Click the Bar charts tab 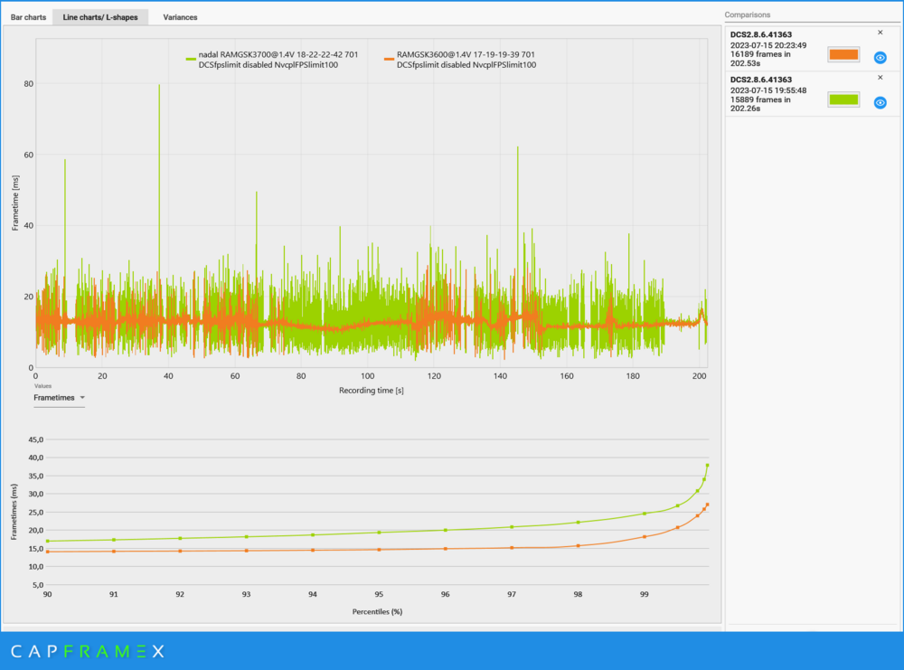click(x=28, y=17)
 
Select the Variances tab click(x=180, y=17)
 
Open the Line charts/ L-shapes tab click(x=99, y=17)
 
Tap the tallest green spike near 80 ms click(x=159, y=87)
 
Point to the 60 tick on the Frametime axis click(x=27, y=155)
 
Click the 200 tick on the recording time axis click(x=699, y=376)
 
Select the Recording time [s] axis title click(x=371, y=390)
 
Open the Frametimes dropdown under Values click(x=59, y=397)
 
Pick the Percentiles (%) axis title click(x=377, y=611)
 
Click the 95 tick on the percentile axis click(x=379, y=594)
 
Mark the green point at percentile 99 click(x=645, y=514)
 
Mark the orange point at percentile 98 click(x=578, y=545)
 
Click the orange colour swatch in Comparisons click(x=843, y=54)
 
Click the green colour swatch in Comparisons click(x=843, y=99)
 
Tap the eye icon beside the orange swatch click(x=880, y=57)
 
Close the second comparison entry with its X click(x=880, y=78)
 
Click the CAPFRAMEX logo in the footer click(x=88, y=651)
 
